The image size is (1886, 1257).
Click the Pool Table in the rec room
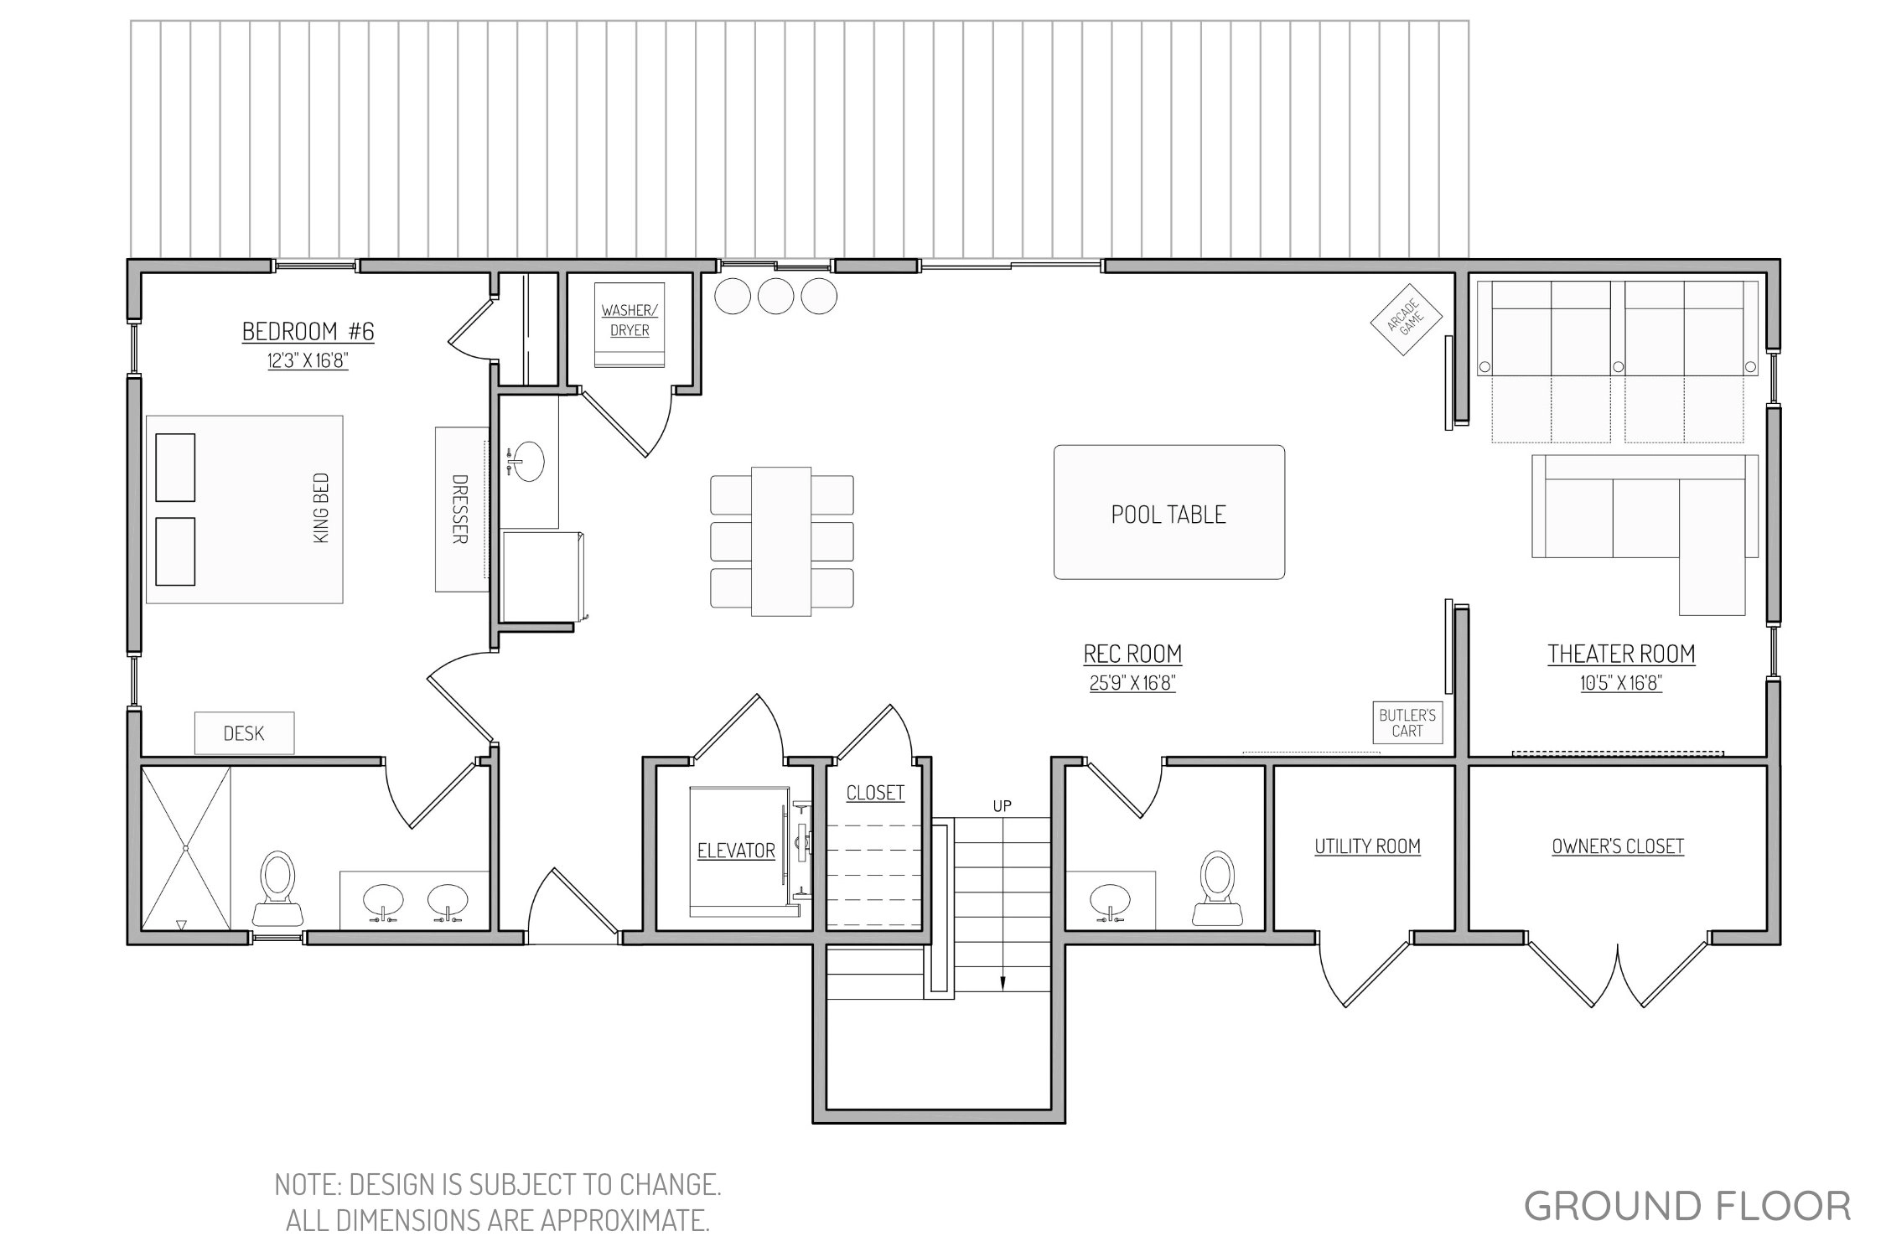click(x=1168, y=512)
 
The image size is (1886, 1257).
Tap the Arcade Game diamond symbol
click(x=1406, y=319)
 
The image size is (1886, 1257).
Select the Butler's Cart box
click(x=1407, y=722)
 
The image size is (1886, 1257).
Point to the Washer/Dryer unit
click(x=630, y=325)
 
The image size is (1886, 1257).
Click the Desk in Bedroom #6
click(x=244, y=733)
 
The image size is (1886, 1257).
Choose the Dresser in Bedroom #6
click(x=461, y=510)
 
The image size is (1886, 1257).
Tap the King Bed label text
click(x=321, y=509)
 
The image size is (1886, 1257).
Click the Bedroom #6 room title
click(x=308, y=332)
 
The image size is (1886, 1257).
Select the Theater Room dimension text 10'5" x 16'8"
click(x=1621, y=683)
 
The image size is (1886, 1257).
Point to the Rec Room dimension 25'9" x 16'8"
click(x=1132, y=683)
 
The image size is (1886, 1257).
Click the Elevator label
click(x=736, y=851)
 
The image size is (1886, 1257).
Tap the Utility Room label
click(x=1367, y=846)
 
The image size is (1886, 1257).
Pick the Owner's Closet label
click(x=1618, y=846)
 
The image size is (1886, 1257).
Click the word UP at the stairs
click(x=1003, y=806)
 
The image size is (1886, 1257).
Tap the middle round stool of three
click(x=775, y=296)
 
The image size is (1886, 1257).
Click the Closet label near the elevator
click(x=875, y=793)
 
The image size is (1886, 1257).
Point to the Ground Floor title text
click(x=1687, y=1207)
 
